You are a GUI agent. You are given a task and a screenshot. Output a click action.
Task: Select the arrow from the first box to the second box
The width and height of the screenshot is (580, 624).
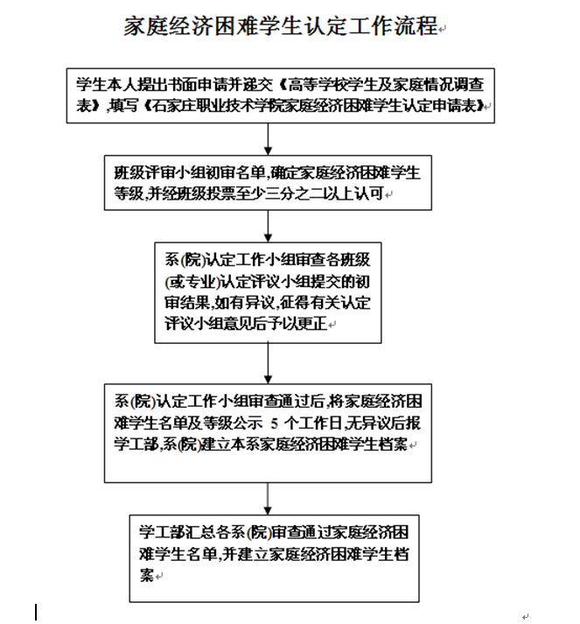tap(268, 139)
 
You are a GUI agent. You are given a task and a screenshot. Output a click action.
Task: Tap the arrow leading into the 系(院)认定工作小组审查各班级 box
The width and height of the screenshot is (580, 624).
tap(268, 226)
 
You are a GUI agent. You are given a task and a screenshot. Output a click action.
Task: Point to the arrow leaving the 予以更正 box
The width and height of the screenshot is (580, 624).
tap(268, 363)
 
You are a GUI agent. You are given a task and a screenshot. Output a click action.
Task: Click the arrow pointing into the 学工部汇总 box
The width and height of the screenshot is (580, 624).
tap(268, 499)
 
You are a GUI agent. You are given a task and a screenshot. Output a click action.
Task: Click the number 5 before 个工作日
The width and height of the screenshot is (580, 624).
tap(274, 424)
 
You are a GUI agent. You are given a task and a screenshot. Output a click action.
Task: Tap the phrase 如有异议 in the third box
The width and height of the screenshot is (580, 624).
tap(244, 303)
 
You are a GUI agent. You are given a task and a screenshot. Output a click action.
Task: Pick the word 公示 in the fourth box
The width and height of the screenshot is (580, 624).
tap(248, 424)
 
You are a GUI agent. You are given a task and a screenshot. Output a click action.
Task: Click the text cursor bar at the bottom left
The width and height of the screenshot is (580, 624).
tap(36, 612)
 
